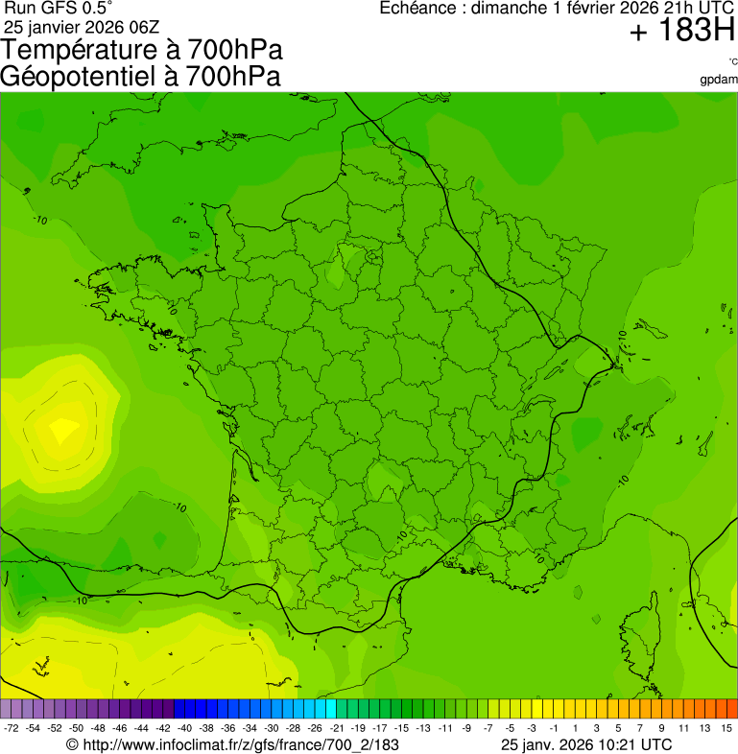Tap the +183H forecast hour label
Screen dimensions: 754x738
681,32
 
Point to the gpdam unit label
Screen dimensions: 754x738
720,79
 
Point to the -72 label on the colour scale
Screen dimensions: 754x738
12,729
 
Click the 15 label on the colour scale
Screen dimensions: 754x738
727,729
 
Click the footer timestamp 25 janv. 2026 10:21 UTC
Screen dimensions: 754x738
586,744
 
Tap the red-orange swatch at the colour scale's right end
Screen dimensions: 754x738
730,709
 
